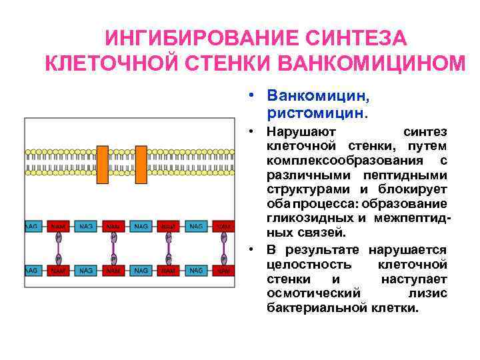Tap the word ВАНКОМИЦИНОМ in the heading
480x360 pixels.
(369, 64)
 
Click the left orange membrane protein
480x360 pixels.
(103, 163)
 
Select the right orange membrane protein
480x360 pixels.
(141, 163)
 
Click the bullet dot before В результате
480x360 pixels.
(254, 250)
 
